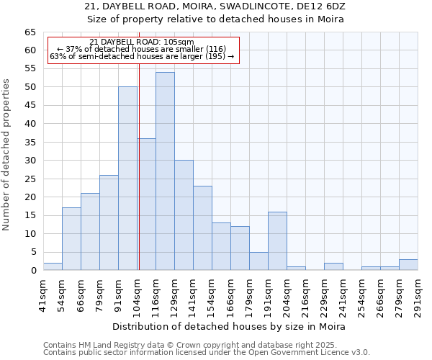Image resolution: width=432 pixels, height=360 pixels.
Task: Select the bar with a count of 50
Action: click(127, 179)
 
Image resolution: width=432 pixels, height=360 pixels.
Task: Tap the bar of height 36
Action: click(146, 204)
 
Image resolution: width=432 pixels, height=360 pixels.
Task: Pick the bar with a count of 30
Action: click(184, 215)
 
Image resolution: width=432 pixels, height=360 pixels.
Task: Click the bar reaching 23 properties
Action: click(202, 228)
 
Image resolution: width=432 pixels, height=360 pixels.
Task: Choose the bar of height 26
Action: click(109, 222)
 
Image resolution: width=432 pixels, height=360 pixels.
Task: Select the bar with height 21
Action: click(90, 232)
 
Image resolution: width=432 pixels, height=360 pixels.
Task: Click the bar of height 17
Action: click(71, 239)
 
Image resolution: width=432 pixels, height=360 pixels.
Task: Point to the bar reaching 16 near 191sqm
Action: click(277, 241)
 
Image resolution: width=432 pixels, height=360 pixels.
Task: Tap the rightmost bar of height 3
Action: click(408, 265)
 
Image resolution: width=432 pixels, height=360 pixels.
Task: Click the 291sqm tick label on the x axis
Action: click(418, 294)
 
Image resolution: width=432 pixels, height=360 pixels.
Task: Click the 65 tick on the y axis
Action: click(30, 32)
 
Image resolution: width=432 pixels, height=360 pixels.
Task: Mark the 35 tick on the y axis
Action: click(30, 143)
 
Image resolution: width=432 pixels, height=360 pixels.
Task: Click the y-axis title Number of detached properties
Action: click(6, 155)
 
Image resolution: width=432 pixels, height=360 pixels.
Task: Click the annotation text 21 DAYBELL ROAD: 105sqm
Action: click(142, 42)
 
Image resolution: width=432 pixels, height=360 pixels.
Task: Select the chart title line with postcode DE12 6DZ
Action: click(215, 6)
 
